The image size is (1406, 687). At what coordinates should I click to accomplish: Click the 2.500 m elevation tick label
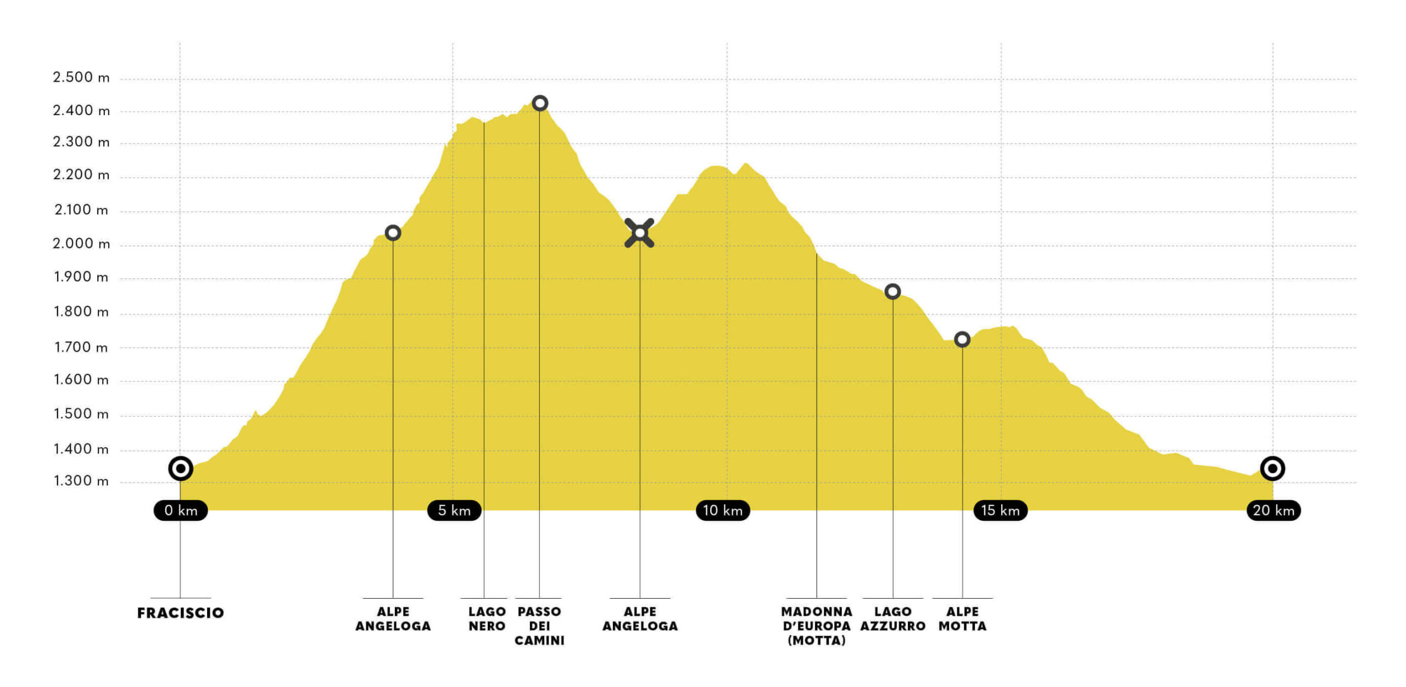[x=81, y=77]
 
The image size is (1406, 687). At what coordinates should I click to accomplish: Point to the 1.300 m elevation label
[x=81, y=481]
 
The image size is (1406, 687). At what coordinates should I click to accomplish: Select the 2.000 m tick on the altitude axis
[x=81, y=244]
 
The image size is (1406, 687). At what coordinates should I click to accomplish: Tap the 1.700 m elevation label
[x=81, y=347]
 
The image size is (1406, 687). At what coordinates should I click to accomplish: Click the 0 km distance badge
[x=181, y=510]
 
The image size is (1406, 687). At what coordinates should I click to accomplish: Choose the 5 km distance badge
[x=454, y=510]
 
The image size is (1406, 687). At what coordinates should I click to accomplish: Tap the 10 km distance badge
[x=723, y=510]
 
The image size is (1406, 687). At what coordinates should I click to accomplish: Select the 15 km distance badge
[x=1000, y=510]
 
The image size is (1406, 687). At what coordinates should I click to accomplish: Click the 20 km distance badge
[x=1274, y=510]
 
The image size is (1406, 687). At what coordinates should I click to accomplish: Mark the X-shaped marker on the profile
[x=639, y=233]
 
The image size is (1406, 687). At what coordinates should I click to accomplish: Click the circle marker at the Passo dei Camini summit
[x=540, y=103]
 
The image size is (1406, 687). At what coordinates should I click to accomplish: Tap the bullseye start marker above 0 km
[x=180, y=469]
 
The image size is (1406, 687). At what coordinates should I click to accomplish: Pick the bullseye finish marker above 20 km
[x=1273, y=469]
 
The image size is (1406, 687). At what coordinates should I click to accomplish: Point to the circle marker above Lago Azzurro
[x=892, y=291]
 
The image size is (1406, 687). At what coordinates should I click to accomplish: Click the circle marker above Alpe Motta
[x=962, y=340]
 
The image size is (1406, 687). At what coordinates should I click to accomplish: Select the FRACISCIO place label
[x=181, y=613]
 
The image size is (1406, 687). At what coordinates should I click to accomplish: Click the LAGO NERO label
[x=487, y=619]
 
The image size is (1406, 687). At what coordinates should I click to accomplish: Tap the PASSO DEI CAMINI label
[x=539, y=626]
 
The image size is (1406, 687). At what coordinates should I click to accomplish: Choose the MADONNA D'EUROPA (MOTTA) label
[x=817, y=626]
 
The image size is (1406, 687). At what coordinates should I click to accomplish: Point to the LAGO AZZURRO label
[x=893, y=619]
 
